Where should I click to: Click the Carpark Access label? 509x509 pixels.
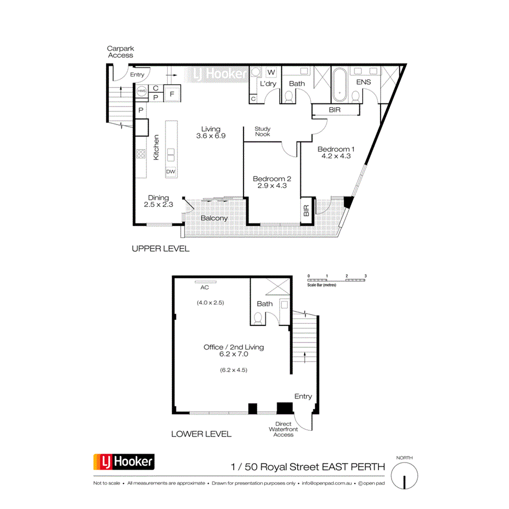coord(120,52)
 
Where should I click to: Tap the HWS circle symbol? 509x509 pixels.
coord(141,91)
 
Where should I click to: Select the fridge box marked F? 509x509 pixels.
coord(172,94)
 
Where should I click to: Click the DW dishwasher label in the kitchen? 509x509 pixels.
coord(171,171)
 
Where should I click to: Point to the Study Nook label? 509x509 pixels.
coord(263,132)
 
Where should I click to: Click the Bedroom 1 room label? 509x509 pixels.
coord(336,152)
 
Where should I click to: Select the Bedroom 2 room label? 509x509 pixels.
coord(272,182)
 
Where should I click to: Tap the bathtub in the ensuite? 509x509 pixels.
coord(339,85)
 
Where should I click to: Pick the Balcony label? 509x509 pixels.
coord(214,218)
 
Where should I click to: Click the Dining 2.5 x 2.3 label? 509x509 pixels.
coord(158,201)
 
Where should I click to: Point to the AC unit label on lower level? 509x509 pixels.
coord(205,287)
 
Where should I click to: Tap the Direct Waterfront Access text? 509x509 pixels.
coord(283,429)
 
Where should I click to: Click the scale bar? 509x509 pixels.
coord(336,280)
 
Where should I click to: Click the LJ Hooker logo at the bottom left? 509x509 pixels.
coord(124,463)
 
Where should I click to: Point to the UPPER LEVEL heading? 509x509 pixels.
coord(161,248)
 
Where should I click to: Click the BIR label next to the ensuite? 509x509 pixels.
coord(336,110)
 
